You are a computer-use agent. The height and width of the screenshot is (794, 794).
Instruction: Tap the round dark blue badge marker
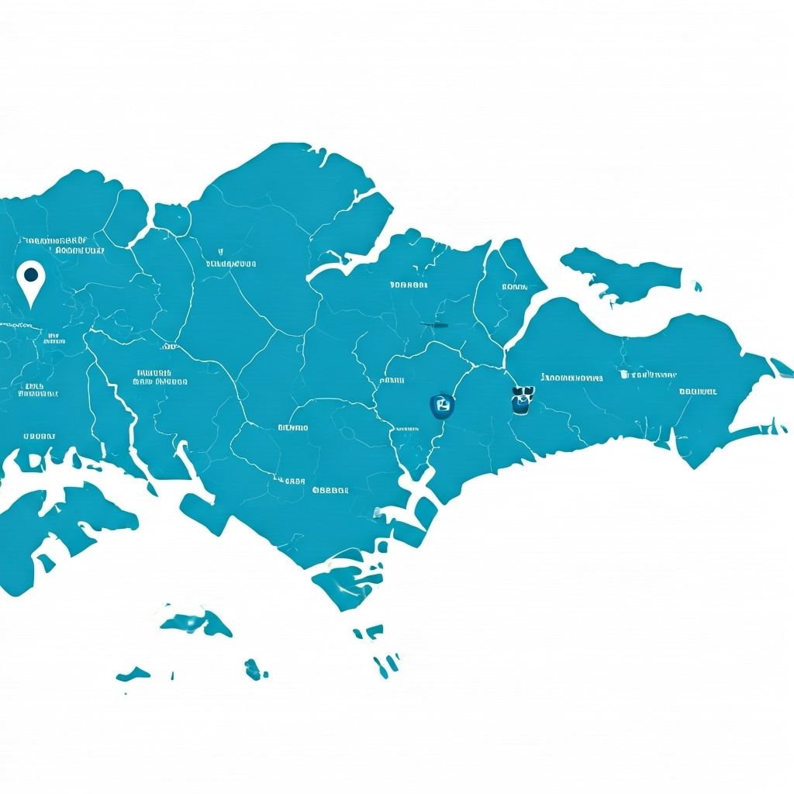point(441,403)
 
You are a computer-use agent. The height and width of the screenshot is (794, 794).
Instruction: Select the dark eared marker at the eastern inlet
point(523,399)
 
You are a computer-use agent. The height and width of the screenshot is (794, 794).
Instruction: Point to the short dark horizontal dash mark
point(435,324)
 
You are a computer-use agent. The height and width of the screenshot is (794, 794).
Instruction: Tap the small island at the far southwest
point(133,674)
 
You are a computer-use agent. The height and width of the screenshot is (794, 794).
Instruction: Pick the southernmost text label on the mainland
point(330,490)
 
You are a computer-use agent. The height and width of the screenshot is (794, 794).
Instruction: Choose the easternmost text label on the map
point(697,392)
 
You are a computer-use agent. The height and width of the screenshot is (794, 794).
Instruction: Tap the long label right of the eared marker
point(572,378)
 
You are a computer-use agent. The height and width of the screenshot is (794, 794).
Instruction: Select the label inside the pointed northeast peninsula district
point(514,287)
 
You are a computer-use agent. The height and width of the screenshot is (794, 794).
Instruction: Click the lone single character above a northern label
point(221,251)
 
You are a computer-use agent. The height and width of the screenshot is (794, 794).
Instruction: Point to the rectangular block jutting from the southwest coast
point(204,512)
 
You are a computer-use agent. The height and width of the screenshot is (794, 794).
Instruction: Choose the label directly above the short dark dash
point(409,285)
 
